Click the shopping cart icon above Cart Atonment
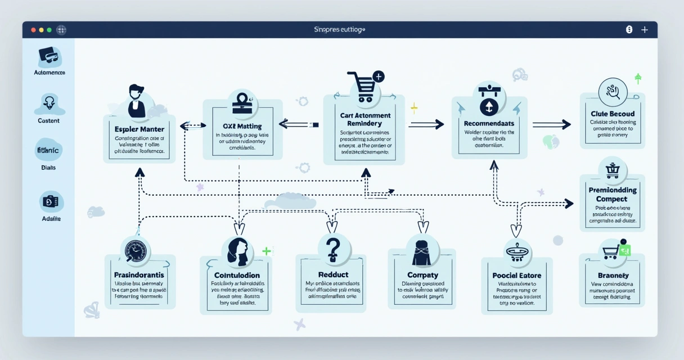[362, 87]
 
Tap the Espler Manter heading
[139, 129]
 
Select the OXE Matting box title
[242, 127]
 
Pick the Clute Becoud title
[612, 113]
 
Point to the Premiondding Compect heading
[612, 195]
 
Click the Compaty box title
[422, 275]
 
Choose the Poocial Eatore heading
[516, 276]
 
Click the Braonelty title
[612, 276]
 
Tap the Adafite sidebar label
[51, 218]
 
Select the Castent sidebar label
[48, 120]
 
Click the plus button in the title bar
[645, 30]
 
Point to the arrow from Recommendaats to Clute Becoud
[552, 125]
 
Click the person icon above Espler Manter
[137, 101]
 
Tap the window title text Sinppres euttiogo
[339, 29]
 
